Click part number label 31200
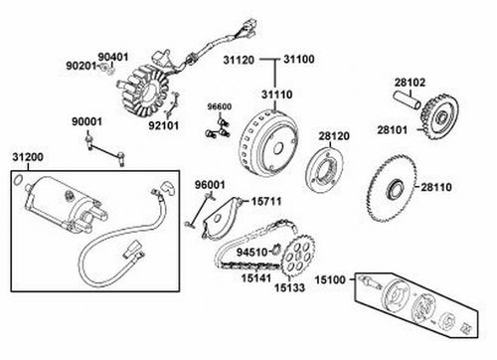pos(28,157)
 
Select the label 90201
pos(81,66)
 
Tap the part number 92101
pos(163,126)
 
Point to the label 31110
pos(277,94)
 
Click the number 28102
pos(410,83)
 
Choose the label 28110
pos(436,187)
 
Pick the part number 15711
pos(266,201)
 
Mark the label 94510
pos(251,253)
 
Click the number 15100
pos(330,280)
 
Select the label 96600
pos(220,107)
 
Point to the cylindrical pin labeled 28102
pos(407,100)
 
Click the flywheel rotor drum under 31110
pos(268,142)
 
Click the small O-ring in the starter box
pos(18,180)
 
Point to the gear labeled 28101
pos(440,116)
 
